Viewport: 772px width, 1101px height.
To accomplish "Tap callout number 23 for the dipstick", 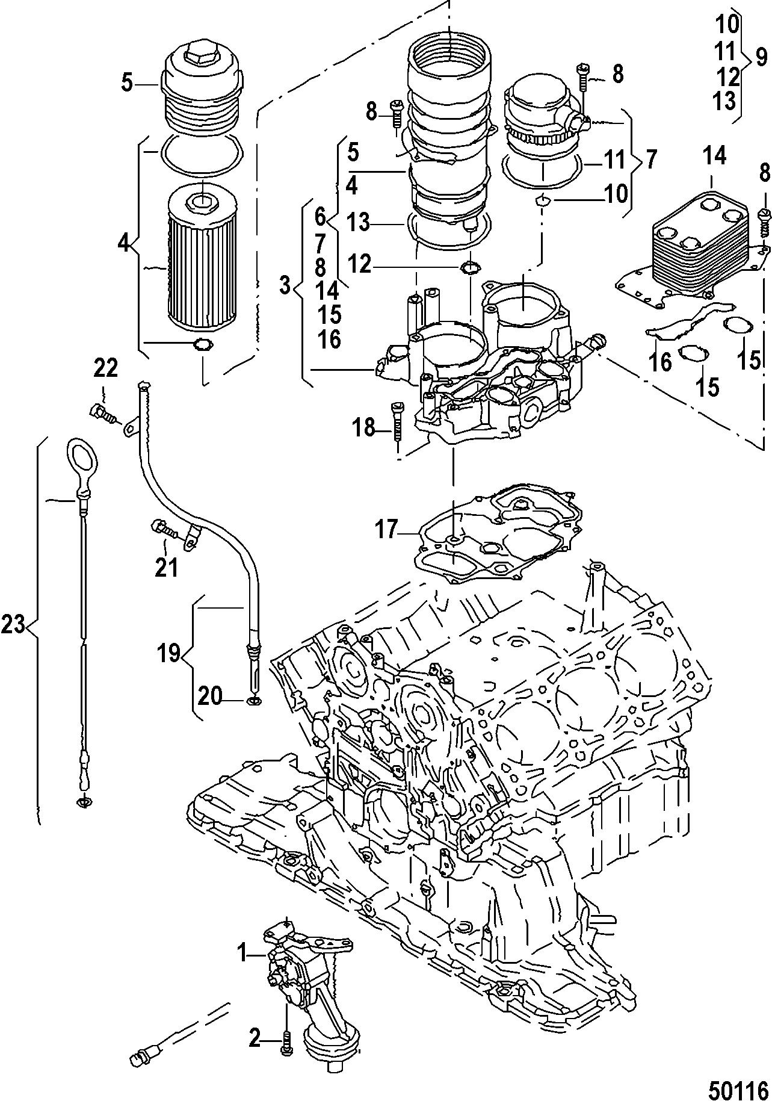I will (13, 626).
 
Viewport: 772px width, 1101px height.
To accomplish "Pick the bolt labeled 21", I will (163, 529).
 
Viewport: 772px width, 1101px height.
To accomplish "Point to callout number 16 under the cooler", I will (659, 361).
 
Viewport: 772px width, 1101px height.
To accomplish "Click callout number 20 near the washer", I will (210, 696).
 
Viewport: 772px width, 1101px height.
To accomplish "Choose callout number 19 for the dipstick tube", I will (170, 652).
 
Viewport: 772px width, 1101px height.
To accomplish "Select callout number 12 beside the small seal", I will (361, 264).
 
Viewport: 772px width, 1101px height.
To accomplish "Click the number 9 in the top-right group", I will (761, 58).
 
